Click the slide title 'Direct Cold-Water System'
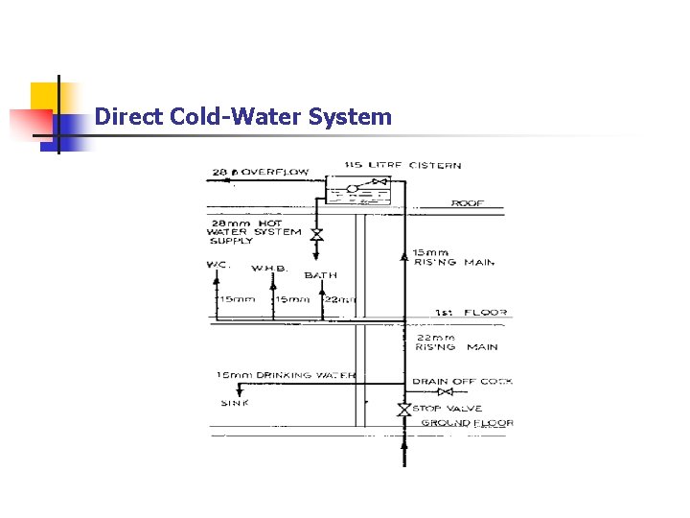click(x=243, y=117)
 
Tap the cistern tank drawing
click(x=357, y=190)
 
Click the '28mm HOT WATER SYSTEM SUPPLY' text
click(x=253, y=231)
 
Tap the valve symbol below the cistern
click(x=317, y=234)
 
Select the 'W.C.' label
click(x=219, y=264)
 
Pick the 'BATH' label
click(x=320, y=275)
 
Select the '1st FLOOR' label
click(x=471, y=313)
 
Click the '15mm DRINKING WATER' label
click(x=286, y=375)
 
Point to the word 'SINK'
click(x=235, y=403)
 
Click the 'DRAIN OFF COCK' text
click(x=462, y=381)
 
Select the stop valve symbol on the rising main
click(x=404, y=410)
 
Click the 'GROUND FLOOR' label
click(x=468, y=422)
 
